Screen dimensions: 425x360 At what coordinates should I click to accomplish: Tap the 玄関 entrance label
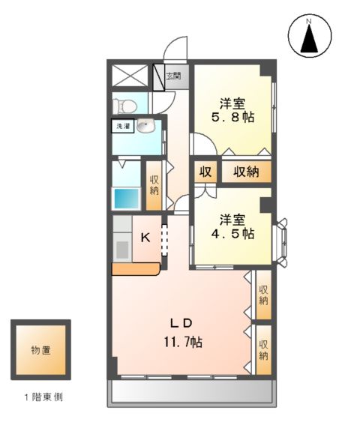click(x=172, y=76)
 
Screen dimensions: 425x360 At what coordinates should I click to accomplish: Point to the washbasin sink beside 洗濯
click(x=145, y=127)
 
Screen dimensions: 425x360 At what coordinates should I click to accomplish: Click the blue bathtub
click(x=126, y=199)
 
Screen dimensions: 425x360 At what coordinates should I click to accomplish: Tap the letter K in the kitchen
click(x=146, y=238)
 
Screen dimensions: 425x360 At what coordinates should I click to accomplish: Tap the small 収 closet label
click(x=204, y=172)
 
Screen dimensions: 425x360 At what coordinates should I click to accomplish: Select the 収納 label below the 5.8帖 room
click(x=245, y=172)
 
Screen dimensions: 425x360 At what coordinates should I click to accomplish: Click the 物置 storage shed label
click(x=40, y=350)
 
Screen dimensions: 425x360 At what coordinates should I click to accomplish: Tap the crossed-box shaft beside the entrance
click(x=130, y=76)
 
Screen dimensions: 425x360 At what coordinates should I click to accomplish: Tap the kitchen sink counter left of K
click(x=121, y=244)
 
